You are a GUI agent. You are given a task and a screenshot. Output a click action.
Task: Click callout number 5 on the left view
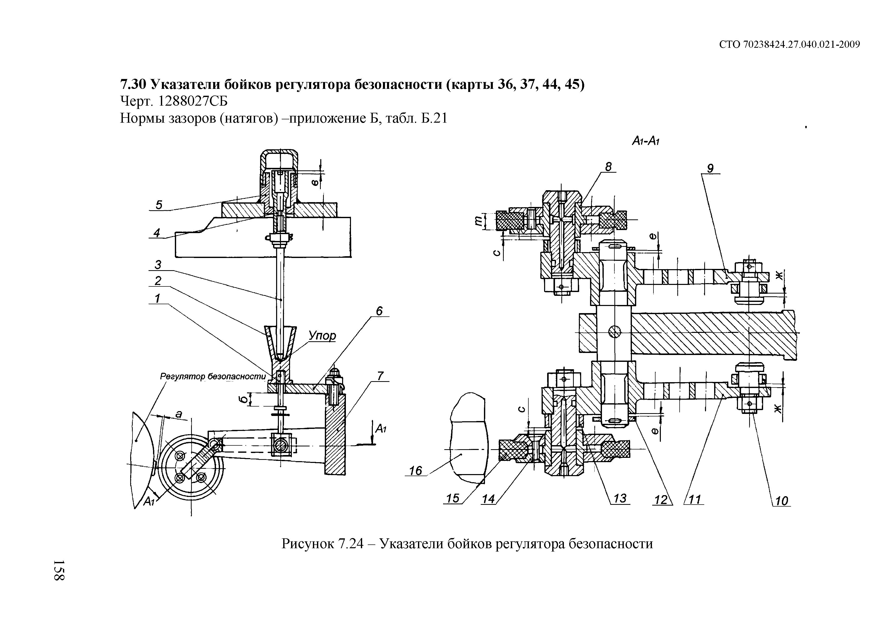[159, 205]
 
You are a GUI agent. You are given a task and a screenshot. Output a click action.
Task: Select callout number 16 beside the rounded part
[415, 471]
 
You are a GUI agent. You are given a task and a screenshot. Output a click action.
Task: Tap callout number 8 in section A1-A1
[608, 167]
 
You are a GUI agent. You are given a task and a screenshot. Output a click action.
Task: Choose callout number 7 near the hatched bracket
[380, 376]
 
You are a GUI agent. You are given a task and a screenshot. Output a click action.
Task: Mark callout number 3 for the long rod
[158, 265]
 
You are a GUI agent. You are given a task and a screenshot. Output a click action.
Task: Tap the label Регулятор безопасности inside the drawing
[213, 376]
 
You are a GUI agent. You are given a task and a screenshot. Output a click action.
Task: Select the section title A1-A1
[646, 141]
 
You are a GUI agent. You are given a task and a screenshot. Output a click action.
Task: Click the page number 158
[59, 571]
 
